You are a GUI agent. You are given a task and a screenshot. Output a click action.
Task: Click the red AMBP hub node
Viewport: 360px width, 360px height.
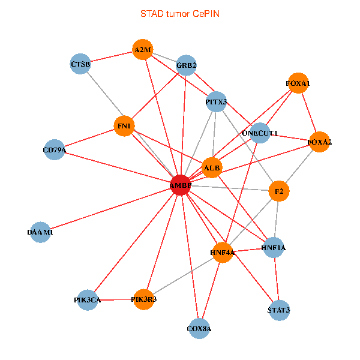(181, 185)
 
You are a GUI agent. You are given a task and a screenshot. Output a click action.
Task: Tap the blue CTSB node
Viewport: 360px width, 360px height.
(80, 64)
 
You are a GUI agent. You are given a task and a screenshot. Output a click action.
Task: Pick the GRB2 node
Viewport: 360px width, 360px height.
(187, 65)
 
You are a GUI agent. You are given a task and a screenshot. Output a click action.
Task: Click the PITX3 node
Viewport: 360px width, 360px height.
(216, 102)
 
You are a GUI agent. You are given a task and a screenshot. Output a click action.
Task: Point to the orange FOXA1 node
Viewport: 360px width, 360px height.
(298, 83)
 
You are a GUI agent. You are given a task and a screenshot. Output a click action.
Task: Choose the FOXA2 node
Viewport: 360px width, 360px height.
(319, 142)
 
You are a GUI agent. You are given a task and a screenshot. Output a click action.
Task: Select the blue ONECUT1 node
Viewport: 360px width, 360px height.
(259, 133)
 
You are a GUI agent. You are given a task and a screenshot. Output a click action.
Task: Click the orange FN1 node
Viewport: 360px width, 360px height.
(124, 126)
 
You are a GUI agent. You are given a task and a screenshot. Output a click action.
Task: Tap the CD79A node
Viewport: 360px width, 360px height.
(55, 149)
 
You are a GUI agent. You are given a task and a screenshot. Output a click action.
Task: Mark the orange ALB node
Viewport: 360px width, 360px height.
(212, 167)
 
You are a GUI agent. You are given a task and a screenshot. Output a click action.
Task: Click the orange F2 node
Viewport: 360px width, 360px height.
(279, 191)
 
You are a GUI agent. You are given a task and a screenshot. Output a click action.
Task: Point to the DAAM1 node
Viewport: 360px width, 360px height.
(40, 232)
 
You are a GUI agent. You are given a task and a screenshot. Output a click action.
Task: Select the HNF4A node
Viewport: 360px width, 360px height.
(222, 253)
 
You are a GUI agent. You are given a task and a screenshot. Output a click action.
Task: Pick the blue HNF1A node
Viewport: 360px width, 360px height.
(273, 247)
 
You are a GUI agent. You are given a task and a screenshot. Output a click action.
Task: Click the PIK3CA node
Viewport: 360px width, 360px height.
(87, 299)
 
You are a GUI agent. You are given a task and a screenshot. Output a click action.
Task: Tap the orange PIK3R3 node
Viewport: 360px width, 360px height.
(144, 299)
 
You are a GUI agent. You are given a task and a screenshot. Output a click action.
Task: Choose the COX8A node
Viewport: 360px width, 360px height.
(199, 328)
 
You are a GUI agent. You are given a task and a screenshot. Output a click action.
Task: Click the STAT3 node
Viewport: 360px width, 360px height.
(279, 310)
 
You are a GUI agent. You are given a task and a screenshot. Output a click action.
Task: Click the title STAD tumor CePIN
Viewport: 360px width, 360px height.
(180, 13)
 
